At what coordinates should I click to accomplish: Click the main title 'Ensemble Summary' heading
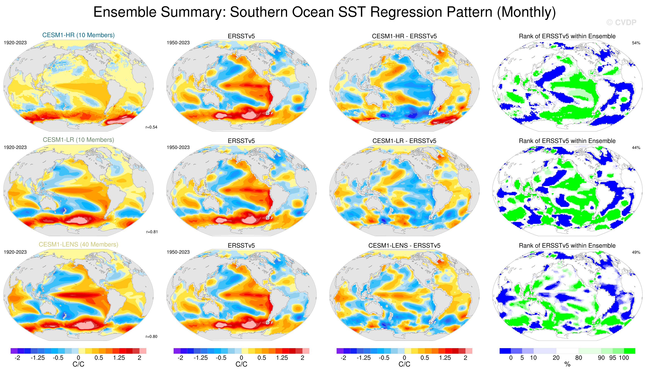tap(324, 12)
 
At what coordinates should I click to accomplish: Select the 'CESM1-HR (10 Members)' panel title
tap(78, 35)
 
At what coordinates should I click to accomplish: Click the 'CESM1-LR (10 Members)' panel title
tap(78, 140)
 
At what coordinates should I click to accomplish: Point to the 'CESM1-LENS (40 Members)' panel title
tap(78, 245)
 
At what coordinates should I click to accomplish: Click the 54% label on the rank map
tap(636, 43)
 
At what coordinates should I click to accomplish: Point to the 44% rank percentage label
tap(636, 148)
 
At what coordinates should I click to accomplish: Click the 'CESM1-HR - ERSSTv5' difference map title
tap(404, 36)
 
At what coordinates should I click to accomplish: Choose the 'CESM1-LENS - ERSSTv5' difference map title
tap(404, 246)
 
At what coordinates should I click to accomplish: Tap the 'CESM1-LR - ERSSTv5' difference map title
tap(404, 141)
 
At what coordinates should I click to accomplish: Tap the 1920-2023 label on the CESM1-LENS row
tap(15, 252)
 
